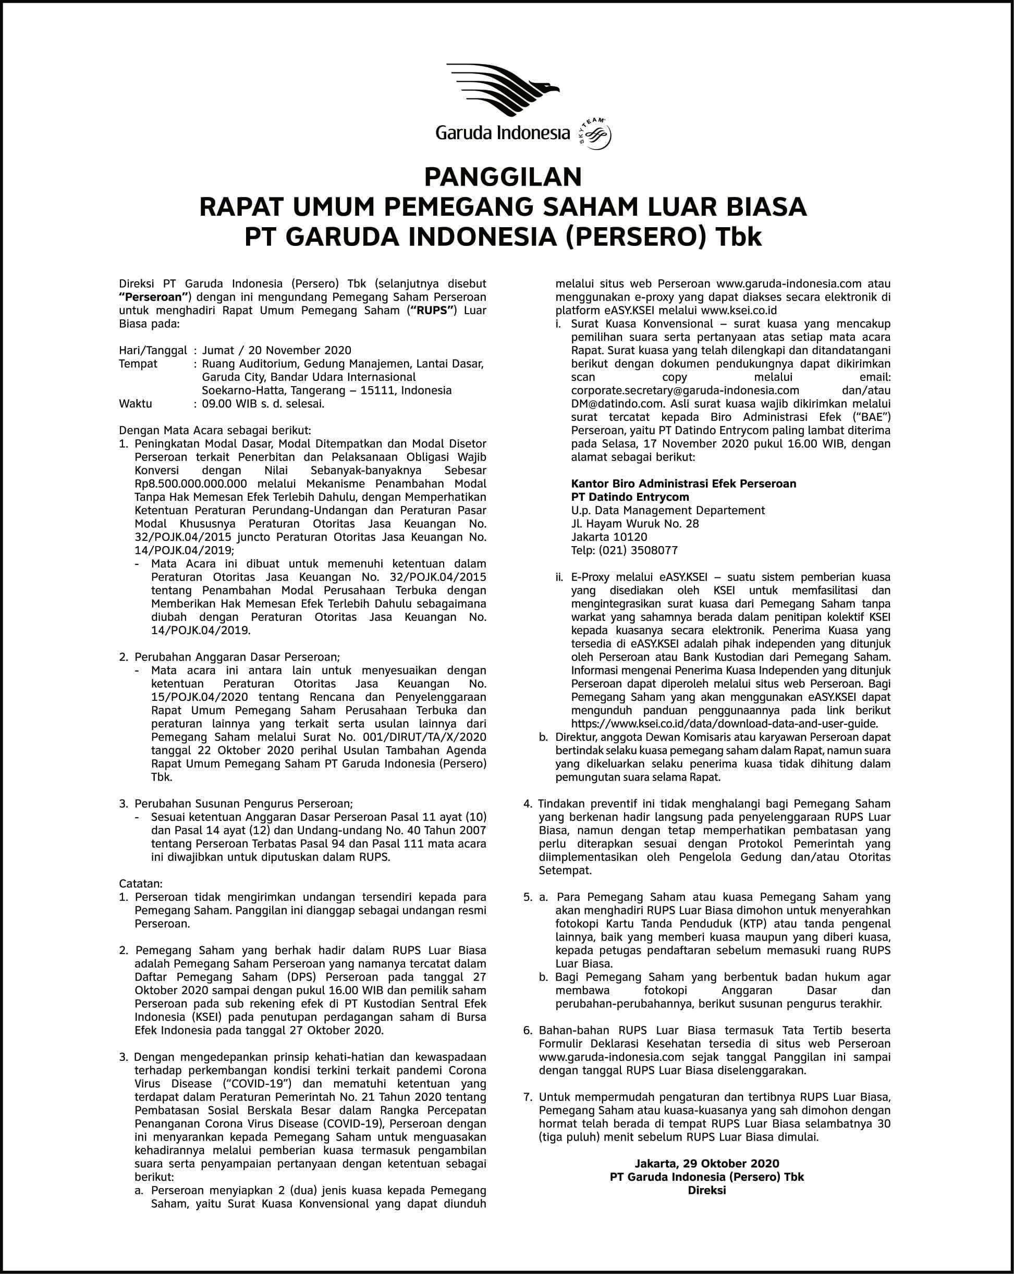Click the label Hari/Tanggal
[153, 350]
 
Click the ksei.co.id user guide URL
[724, 724]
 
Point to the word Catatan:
[141, 884]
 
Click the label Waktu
[136, 404]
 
